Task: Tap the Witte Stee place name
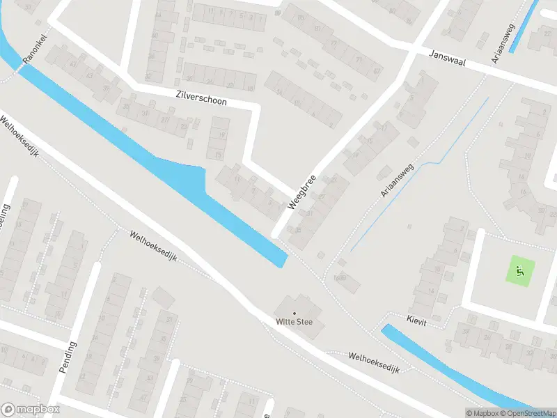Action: [294, 322]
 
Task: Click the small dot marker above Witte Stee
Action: [294, 313]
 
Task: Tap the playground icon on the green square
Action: [519, 270]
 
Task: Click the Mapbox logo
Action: [31, 410]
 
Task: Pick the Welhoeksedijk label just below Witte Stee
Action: [374, 362]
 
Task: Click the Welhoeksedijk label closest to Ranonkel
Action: [19, 135]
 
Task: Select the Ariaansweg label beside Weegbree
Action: [397, 180]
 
